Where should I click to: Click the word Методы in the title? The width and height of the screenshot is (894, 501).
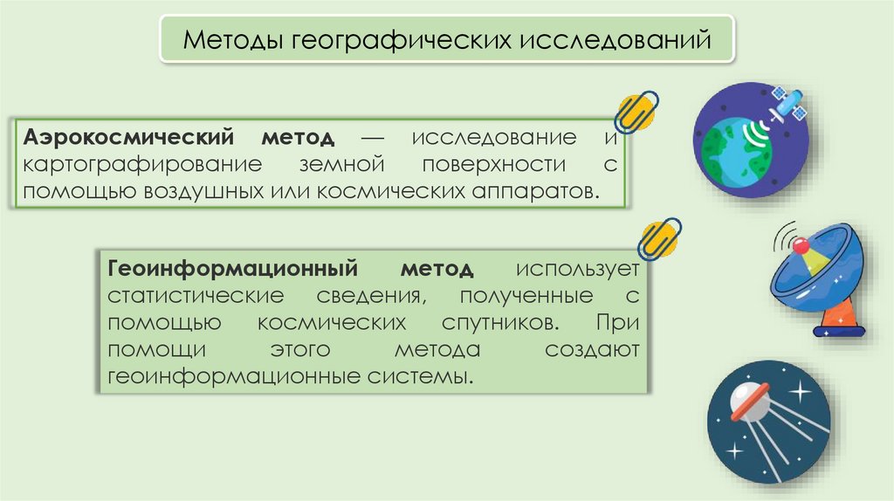point(227,40)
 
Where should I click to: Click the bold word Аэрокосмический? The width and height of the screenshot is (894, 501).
point(130,138)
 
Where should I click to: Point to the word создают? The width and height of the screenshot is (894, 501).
point(593,349)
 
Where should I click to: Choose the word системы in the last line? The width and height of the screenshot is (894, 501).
point(430,376)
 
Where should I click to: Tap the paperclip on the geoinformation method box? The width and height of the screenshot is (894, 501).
point(659,237)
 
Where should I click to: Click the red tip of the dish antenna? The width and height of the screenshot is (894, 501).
point(799,246)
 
